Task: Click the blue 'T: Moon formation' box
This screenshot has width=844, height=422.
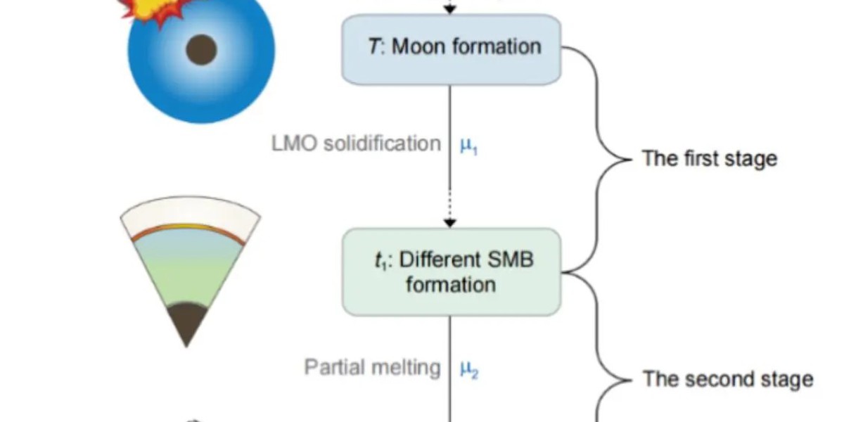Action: [451, 49]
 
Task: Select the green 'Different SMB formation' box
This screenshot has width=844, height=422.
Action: [451, 271]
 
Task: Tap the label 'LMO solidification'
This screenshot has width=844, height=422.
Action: [357, 143]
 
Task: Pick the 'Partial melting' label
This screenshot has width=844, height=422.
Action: [372, 367]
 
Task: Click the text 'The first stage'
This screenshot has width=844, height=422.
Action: [709, 158]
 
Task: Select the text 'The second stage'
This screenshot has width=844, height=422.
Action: [728, 380]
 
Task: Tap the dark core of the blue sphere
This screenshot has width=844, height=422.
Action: [201, 50]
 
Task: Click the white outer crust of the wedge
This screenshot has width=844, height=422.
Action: [191, 214]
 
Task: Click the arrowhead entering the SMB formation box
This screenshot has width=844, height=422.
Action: [451, 222]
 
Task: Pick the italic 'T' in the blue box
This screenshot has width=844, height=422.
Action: [374, 47]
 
